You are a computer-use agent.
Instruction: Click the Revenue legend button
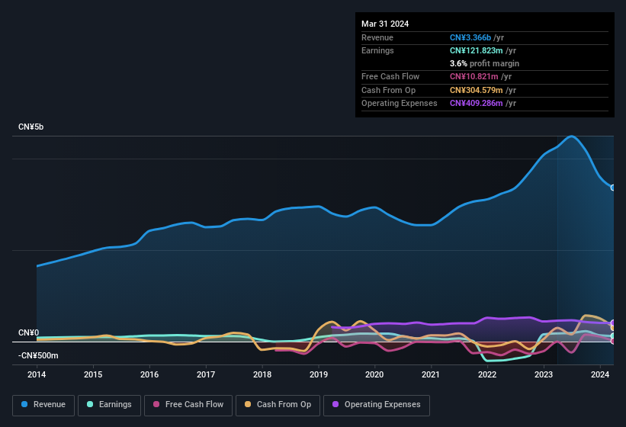pos(43,405)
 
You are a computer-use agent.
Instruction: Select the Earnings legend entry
pos(108,405)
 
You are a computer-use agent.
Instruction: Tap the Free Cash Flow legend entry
pos(188,405)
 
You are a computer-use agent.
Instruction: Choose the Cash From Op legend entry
pos(278,405)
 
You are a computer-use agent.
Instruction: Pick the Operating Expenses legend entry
pos(377,405)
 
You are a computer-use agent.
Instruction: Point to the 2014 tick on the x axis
pos(37,374)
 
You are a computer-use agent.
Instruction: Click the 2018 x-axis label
pos(262,374)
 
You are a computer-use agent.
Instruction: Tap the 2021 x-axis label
pos(431,374)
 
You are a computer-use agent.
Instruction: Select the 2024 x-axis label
pos(600,374)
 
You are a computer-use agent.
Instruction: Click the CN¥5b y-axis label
pos(31,127)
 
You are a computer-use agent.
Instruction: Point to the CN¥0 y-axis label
pos(28,332)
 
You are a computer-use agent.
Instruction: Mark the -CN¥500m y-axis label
pos(38,355)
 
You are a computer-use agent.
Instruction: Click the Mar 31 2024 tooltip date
pos(385,24)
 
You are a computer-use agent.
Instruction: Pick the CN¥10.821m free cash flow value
pos(474,77)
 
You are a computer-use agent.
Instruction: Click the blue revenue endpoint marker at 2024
pos(613,188)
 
